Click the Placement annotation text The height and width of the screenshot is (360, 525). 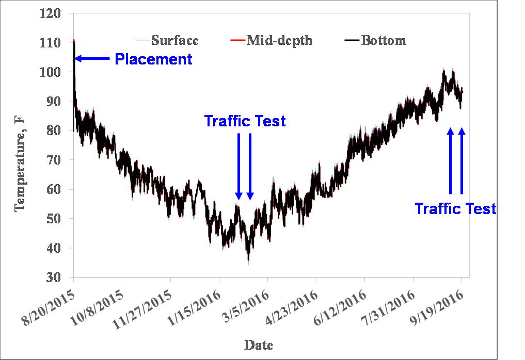coord(153,59)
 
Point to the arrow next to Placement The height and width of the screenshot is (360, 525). coord(93,59)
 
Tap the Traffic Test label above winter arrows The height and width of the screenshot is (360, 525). coord(245,121)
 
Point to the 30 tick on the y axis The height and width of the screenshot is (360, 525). coord(54,278)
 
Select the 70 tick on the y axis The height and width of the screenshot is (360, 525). coord(54,160)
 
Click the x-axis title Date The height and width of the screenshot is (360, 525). coord(259,345)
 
